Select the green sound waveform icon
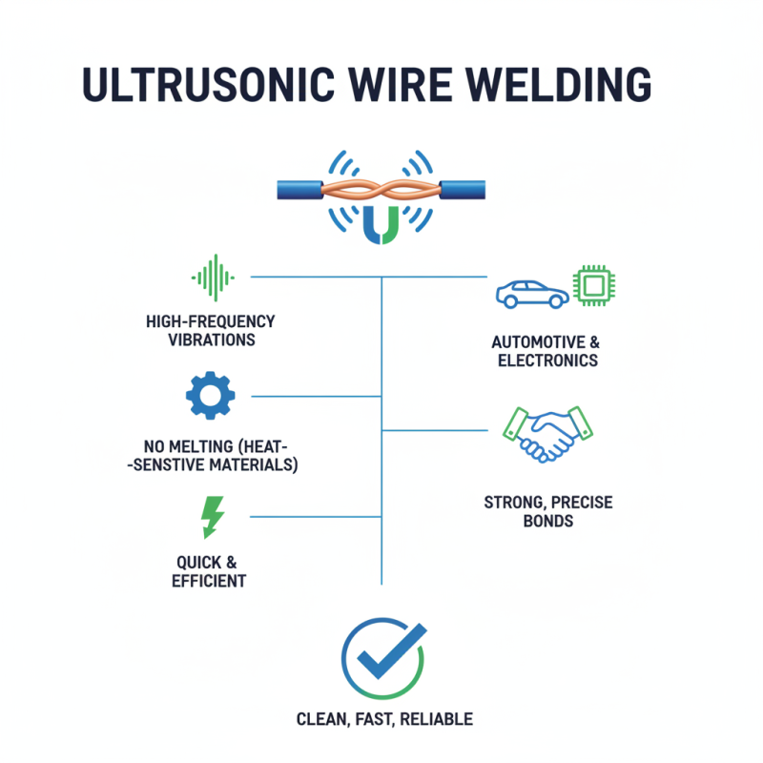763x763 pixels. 214,278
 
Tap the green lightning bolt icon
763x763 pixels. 212,517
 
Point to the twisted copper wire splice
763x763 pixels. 381,188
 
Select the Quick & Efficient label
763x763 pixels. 209,570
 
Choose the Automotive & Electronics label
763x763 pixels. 545,351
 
